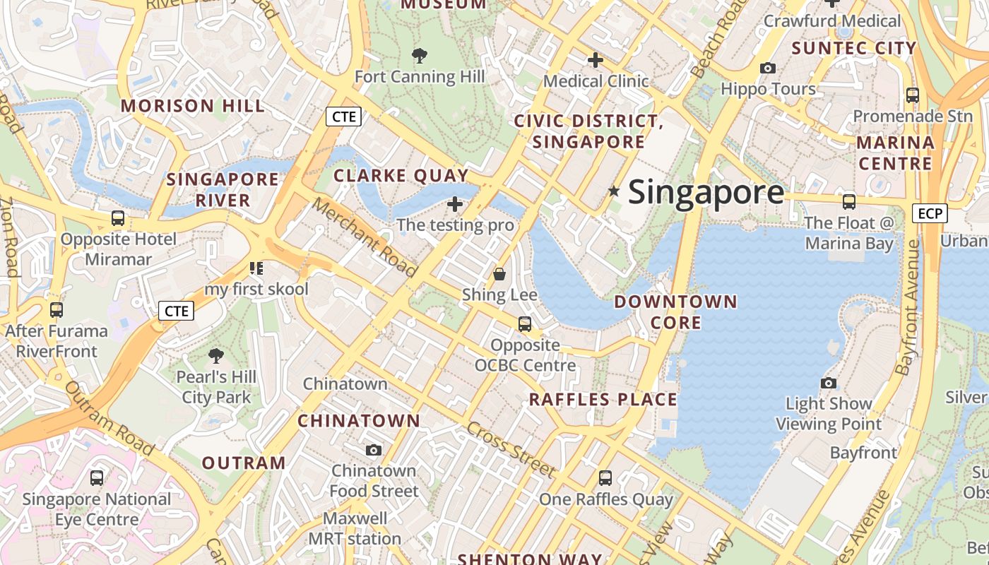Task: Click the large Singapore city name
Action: click(706, 192)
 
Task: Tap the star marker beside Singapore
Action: click(614, 191)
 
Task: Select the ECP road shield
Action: click(929, 213)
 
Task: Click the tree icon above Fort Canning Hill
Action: click(420, 55)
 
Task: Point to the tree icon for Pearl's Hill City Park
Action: click(216, 355)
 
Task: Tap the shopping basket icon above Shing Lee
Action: click(499, 274)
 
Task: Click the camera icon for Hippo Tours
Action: click(768, 69)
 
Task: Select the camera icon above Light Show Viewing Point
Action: click(829, 383)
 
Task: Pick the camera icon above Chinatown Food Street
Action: click(374, 450)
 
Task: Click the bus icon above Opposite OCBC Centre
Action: click(525, 324)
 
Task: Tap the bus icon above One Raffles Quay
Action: click(605, 478)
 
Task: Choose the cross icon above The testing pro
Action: click(455, 205)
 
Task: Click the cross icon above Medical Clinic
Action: click(596, 60)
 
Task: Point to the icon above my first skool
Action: click(256, 268)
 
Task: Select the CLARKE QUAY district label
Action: click(401, 175)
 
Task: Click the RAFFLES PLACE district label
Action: click(603, 400)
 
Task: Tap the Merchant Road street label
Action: click(365, 237)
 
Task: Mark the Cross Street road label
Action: click(510, 449)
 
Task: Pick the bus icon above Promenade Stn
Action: click(912, 95)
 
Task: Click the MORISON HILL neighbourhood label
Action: click(193, 106)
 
